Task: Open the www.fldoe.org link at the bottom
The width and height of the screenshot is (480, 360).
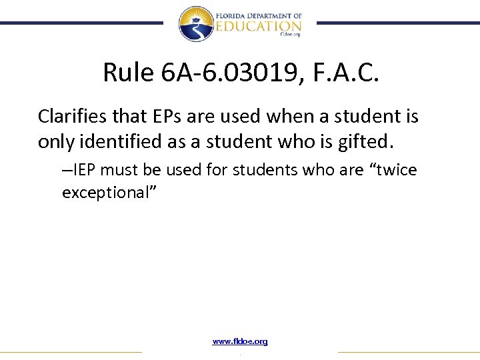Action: [240, 341]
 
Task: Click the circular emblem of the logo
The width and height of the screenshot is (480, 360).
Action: [196, 23]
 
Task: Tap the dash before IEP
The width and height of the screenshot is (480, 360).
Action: [65, 171]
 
